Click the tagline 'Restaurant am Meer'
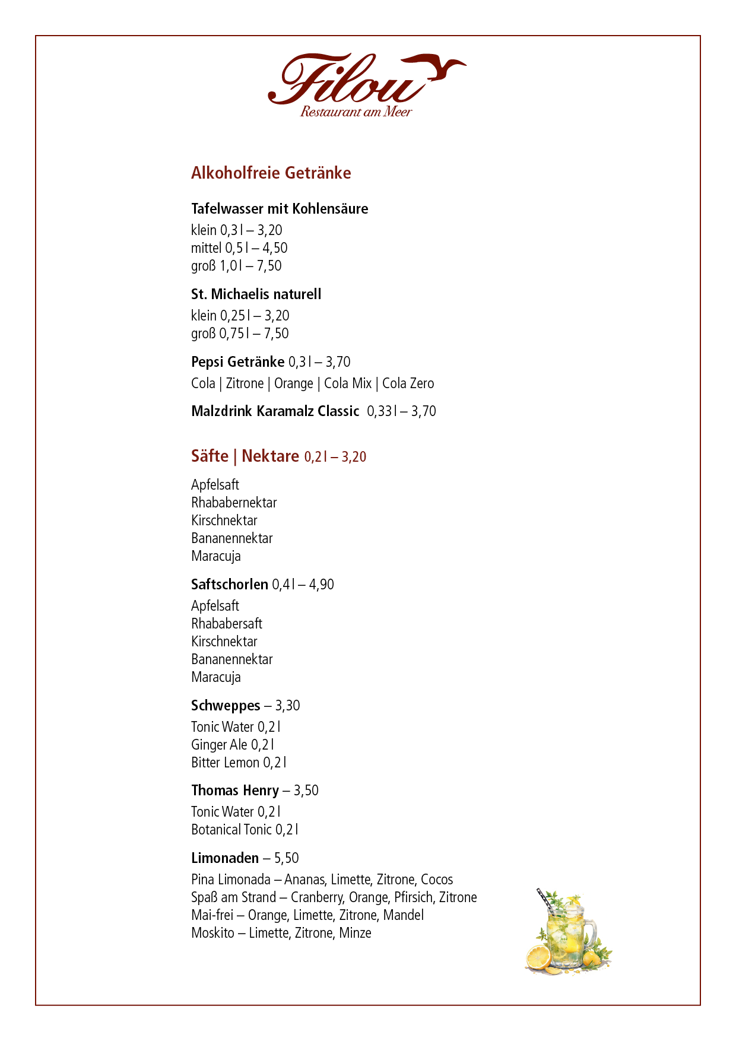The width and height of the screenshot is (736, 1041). [356, 112]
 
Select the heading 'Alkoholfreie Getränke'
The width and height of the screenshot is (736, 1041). [271, 173]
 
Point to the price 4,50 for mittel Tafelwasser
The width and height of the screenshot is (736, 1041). [275, 248]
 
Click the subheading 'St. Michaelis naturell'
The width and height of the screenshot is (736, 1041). [256, 294]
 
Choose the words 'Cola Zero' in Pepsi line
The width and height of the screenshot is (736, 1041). [408, 383]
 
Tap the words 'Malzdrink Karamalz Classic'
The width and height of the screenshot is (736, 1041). [275, 411]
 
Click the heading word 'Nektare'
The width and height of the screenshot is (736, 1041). [270, 456]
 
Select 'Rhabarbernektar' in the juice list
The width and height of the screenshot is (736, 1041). [234, 503]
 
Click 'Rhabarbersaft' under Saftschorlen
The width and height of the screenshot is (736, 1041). [226, 624]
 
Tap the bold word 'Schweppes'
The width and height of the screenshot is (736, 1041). [226, 706]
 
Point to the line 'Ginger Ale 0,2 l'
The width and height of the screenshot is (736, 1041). [232, 745]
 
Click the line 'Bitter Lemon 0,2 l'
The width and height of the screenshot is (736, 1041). [238, 763]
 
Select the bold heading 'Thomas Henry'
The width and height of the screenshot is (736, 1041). [234, 791]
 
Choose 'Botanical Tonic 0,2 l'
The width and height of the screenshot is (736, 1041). [244, 830]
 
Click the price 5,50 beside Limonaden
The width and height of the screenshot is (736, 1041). [286, 858]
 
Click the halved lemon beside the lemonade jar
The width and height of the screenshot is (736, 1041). [539, 957]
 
